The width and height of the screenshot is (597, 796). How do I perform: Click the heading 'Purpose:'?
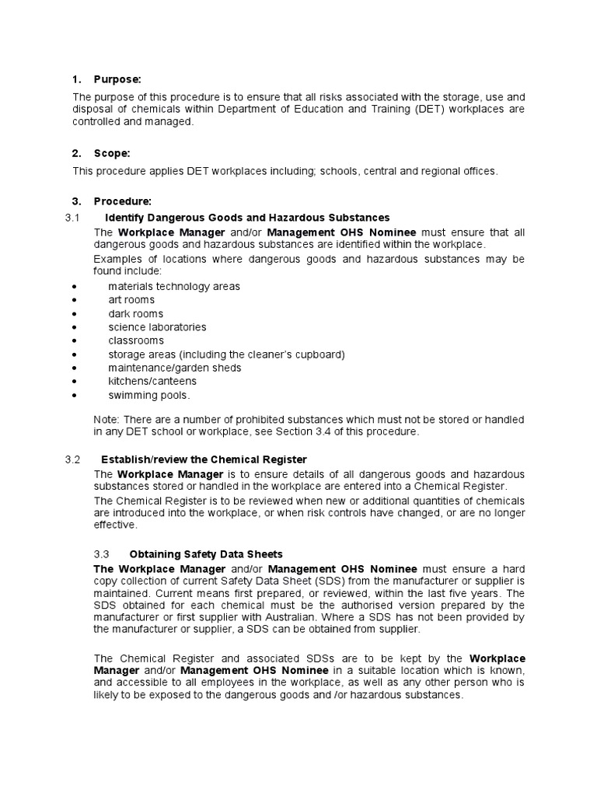(x=117, y=79)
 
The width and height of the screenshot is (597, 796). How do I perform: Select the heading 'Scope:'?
(x=112, y=154)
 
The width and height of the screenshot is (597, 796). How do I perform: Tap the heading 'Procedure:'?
(x=121, y=202)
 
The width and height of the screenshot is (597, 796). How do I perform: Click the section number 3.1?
(x=73, y=217)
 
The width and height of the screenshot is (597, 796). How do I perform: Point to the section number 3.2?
(x=73, y=459)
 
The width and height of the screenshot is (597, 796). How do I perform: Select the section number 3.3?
(x=102, y=554)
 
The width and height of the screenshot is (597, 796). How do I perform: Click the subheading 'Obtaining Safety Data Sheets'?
(x=206, y=554)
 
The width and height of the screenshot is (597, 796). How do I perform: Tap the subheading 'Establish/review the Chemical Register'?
(x=204, y=459)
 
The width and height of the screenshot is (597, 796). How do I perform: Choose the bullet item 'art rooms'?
(x=131, y=300)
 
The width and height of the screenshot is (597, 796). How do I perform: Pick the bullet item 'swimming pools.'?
(x=148, y=395)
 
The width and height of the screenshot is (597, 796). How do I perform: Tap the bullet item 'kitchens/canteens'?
(x=152, y=382)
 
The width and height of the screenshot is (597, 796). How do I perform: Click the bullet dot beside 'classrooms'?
(x=74, y=341)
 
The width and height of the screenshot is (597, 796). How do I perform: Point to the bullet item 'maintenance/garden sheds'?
(x=174, y=368)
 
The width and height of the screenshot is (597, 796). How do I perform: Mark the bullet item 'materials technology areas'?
(x=173, y=287)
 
